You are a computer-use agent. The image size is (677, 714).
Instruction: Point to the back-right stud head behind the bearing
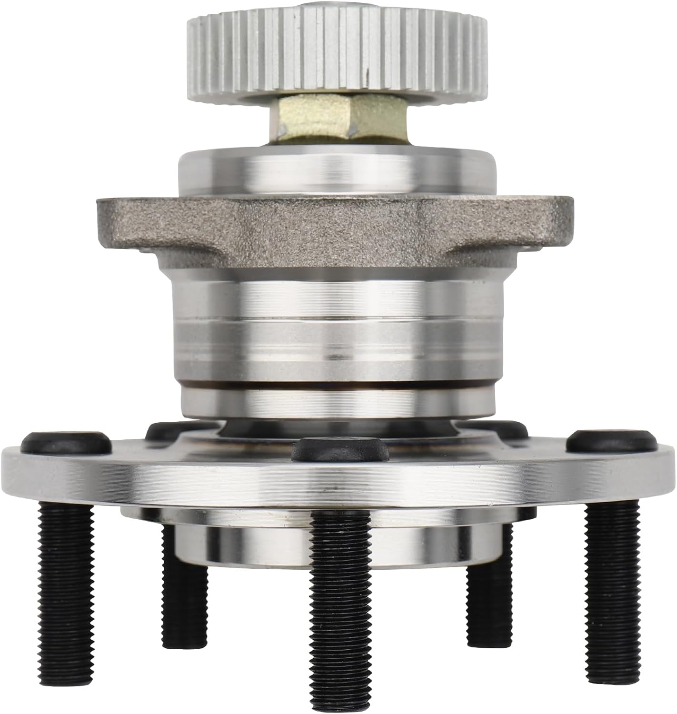505,430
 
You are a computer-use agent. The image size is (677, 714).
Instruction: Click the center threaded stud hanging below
339,614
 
